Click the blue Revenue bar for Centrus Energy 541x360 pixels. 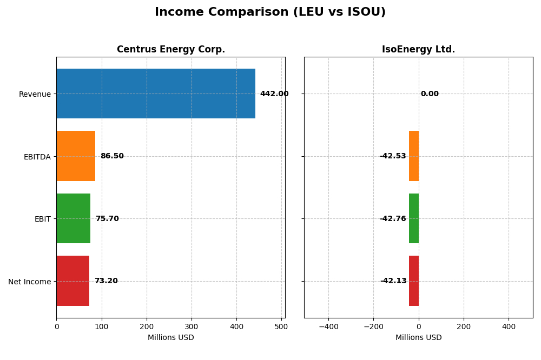point(156,94)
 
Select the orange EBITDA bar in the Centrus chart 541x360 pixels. point(76,156)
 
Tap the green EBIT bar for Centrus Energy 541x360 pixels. point(73,218)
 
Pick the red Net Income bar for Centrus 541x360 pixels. point(72,281)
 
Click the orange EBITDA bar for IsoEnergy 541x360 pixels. point(414,156)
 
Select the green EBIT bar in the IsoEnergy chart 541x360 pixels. point(414,218)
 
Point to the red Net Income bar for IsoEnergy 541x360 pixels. point(414,281)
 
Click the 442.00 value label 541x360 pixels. point(274,94)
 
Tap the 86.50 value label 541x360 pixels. point(112,156)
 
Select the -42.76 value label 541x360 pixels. point(393,219)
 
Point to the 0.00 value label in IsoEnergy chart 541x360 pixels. point(430,94)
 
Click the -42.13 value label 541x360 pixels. point(393,281)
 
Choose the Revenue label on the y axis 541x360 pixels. point(35,95)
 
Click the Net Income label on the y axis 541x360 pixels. point(29,282)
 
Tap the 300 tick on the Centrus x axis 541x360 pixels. point(192,326)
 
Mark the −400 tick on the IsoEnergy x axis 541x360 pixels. point(328,326)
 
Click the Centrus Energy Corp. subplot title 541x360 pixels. point(170,50)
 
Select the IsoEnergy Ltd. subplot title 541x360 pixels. point(418,50)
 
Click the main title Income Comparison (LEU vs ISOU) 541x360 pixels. point(270,12)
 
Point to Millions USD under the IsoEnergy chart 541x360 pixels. point(418,338)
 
